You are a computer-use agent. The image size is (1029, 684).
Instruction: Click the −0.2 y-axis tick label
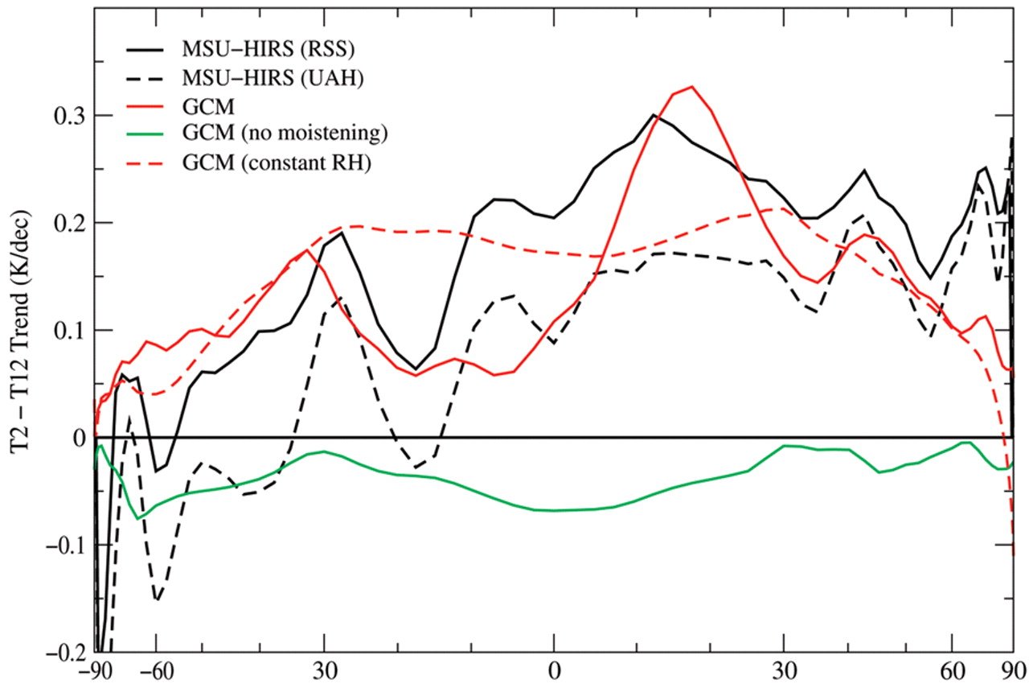63,653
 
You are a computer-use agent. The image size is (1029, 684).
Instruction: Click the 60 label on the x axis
952,670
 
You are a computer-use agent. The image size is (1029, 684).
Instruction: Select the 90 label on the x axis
1013,670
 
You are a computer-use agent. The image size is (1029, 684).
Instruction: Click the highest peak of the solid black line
654,115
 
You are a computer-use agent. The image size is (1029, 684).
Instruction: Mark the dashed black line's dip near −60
157,600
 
